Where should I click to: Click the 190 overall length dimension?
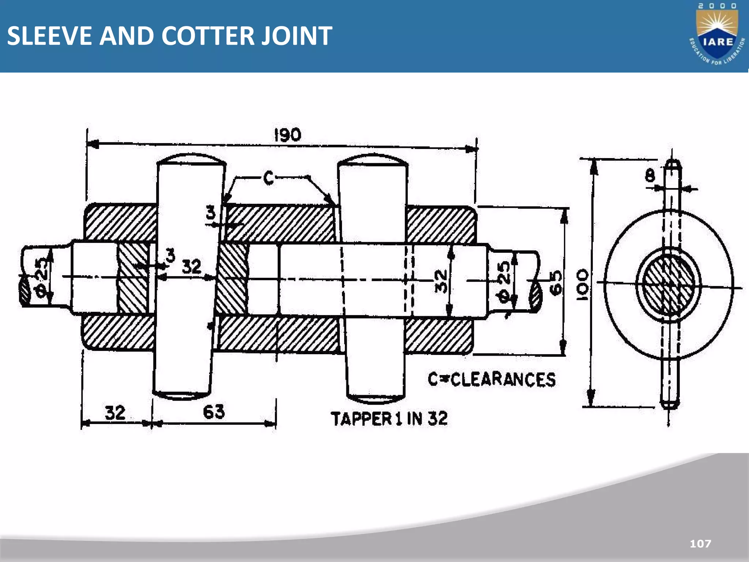[x=288, y=135]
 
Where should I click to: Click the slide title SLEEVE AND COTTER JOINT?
[x=169, y=36]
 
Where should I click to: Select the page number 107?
[x=700, y=544]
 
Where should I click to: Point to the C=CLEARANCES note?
[x=492, y=379]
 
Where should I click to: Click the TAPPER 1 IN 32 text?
[x=389, y=419]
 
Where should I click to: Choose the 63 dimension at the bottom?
[x=214, y=412]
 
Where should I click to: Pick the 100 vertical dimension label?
[x=583, y=285]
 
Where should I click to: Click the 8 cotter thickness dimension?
[x=650, y=176]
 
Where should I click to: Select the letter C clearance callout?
[x=268, y=178]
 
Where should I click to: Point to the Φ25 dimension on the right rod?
[x=504, y=282]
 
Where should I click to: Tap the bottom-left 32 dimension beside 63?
[x=115, y=413]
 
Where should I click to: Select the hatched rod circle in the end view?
[x=669, y=284]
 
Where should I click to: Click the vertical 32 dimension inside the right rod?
[x=441, y=281]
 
